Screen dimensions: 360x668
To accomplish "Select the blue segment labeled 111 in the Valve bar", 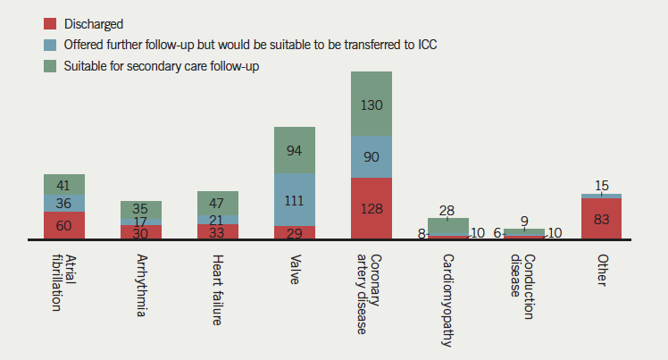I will pos(295,199).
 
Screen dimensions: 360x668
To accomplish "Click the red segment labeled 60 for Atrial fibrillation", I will pos(64,225).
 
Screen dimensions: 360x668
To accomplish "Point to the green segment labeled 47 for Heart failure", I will pos(218,203).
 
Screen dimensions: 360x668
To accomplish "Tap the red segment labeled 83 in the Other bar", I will pos(601,218).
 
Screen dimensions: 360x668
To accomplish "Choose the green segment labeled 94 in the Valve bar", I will pos(295,149).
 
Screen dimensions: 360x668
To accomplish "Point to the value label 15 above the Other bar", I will pos(601,185).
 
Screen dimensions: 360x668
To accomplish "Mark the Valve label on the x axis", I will pos(295,267).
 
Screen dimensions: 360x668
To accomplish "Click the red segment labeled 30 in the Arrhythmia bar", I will pos(141,232).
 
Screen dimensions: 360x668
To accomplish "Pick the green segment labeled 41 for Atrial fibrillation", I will pos(64,185).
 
